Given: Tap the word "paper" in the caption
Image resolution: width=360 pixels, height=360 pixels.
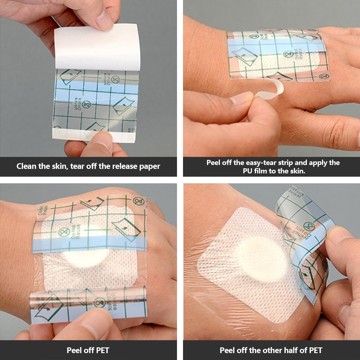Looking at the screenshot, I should pyautogui.click(x=150, y=166).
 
